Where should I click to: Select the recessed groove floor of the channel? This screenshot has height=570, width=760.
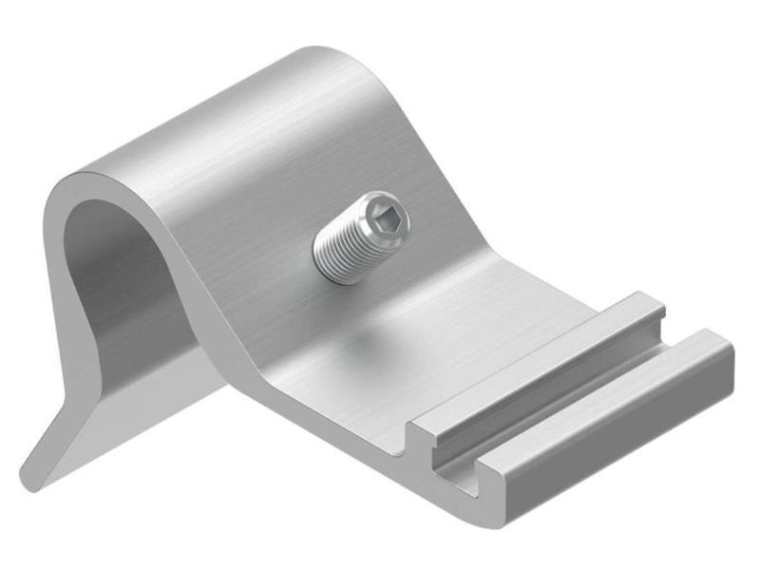[x=570, y=399]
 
